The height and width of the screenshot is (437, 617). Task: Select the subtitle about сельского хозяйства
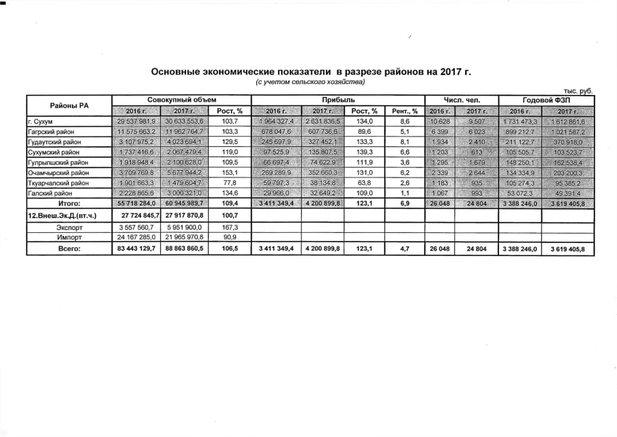coord(310,82)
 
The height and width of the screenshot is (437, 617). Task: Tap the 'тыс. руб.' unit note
coord(580,91)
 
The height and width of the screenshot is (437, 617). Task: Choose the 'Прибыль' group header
coord(339,100)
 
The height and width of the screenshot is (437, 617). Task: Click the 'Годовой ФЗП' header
coord(546,100)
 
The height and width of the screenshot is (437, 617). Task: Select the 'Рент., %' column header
coord(405,111)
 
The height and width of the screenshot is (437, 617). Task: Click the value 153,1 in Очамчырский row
coord(230,173)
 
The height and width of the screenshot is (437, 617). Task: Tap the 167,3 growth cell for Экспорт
coord(230,227)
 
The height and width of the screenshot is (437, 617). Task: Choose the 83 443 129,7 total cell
coord(133,249)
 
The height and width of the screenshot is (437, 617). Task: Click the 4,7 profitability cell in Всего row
coord(405,249)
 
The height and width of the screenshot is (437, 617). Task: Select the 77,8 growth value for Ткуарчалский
coord(230,183)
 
